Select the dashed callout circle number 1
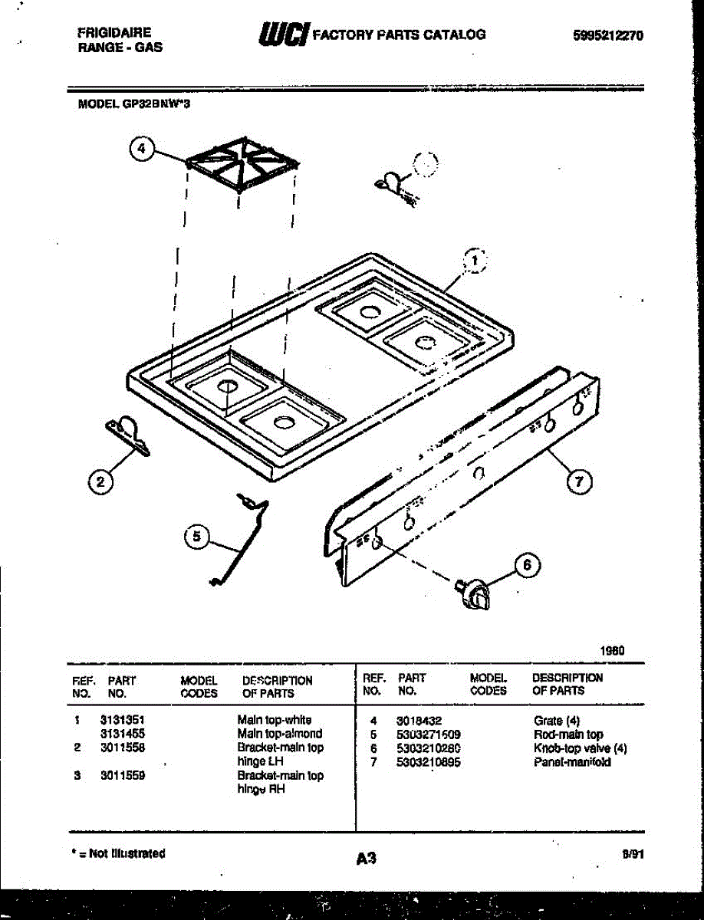(475, 262)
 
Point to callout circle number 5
(197, 537)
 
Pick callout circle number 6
(526, 566)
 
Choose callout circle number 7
(580, 481)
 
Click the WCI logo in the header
(285, 34)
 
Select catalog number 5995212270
(608, 34)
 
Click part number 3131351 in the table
(123, 721)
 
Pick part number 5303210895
(429, 761)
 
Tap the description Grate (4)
(558, 721)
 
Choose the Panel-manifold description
(571, 762)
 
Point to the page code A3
(367, 859)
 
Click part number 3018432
(415, 721)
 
